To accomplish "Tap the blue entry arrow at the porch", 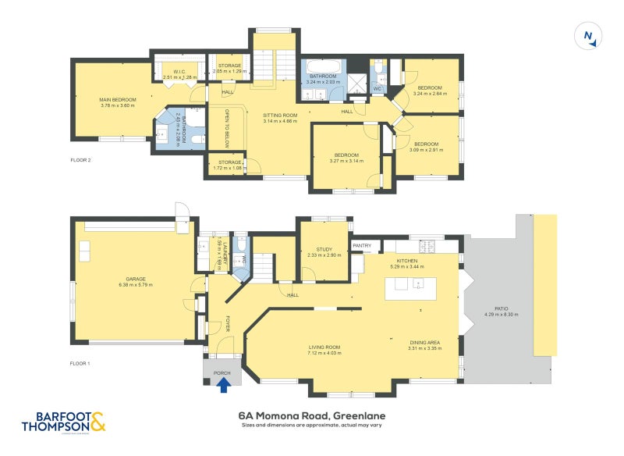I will point(223,384).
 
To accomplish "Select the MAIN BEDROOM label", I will point(118,100).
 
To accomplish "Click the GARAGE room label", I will point(136,279).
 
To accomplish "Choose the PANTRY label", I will point(362,246).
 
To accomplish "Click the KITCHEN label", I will point(407,261).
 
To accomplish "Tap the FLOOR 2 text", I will point(80,160).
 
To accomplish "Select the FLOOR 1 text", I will point(80,364).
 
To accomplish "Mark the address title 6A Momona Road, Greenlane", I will point(312,416).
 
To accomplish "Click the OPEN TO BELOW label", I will point(227,126).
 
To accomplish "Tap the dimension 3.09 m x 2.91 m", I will point(426,149).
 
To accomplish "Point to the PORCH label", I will point(222,372).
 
